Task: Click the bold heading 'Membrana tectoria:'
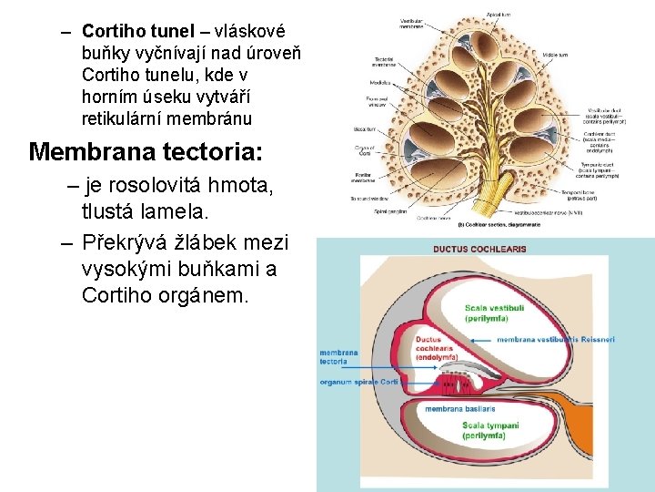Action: [146, 150]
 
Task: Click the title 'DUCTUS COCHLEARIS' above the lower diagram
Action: [479, 249]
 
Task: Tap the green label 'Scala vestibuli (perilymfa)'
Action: [494, 313]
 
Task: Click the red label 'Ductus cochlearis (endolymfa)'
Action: [440, 348]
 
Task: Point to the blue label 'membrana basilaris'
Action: [458, 409]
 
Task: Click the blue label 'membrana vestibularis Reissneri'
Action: [555, 340]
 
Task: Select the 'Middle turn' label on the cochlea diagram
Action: [556, 56]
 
